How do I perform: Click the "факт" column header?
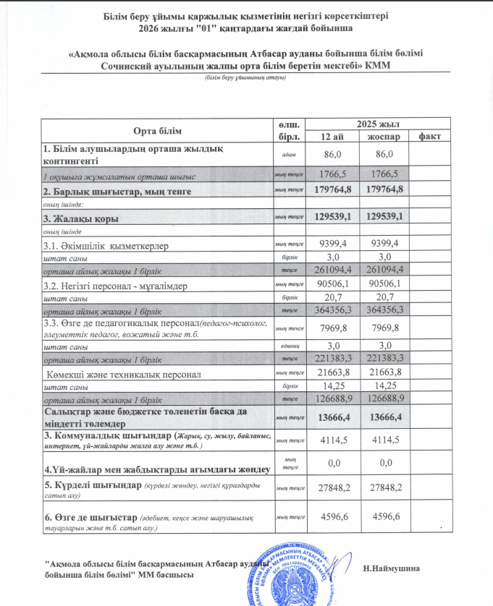pos(430,137)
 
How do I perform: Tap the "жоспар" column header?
pos(385,137)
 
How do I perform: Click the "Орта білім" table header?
pos(158,130)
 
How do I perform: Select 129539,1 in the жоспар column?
pos(385,217)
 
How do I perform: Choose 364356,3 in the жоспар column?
pos(385,310)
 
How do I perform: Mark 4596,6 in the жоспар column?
pos(385,517)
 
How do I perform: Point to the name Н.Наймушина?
pos(392,568)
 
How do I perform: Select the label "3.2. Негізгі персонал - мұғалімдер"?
pos(115,286)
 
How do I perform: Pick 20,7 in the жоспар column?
pos(385,297)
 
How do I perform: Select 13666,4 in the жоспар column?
pos(385,417)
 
